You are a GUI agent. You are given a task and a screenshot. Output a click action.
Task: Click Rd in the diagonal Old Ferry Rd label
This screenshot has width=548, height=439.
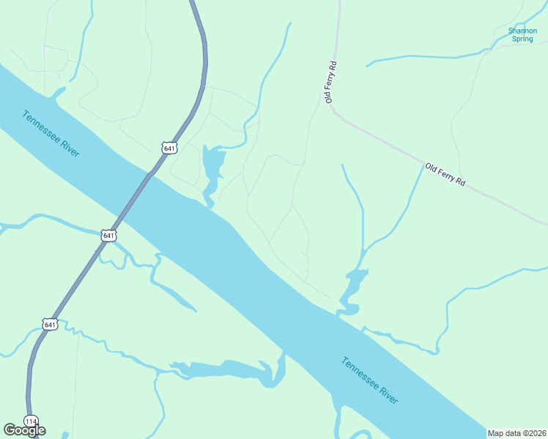pos(459,181)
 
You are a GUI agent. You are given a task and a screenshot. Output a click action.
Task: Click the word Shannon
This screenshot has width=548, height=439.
pos(522,31)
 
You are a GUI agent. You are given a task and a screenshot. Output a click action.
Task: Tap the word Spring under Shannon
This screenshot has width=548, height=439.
pos(522,39)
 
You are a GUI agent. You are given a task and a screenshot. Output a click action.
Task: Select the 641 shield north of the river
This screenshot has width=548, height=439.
pos(169,148)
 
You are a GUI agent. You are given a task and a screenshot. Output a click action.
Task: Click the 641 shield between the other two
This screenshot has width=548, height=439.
pos(108,235)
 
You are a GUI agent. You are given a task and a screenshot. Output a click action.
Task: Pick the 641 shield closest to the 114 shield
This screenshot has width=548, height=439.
pos(50,324)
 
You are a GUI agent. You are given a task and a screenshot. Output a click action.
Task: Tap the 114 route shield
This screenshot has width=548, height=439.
pos(31,421)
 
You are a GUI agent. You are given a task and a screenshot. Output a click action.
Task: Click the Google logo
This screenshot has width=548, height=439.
pos(24,430)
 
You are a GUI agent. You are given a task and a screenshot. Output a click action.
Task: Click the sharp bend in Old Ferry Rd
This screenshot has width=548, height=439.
pos(331,110)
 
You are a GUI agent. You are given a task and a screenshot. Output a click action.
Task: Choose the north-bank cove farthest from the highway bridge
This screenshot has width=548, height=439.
pos(352,288)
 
